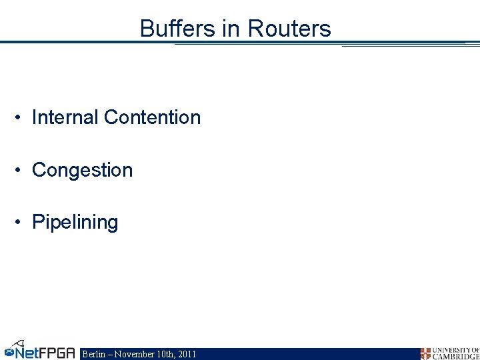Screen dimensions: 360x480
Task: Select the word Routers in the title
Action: coord(289,29)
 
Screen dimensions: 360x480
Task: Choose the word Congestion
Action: coord(82,170)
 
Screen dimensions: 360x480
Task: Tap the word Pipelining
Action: coord(75,222)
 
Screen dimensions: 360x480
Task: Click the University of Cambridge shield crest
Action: coord(425,353)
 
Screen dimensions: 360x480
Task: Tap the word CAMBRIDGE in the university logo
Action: coord(456,357)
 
